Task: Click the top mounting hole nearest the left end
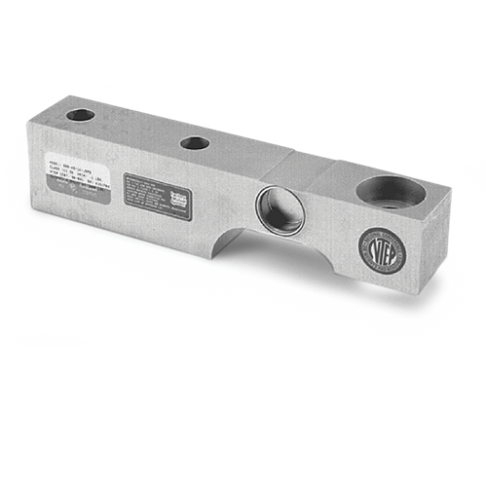pos(81,115)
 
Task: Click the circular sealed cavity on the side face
pos(276,207)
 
